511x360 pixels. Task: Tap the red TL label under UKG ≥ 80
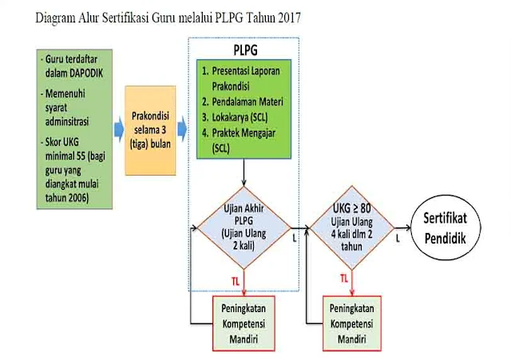[x=343, y=279]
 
